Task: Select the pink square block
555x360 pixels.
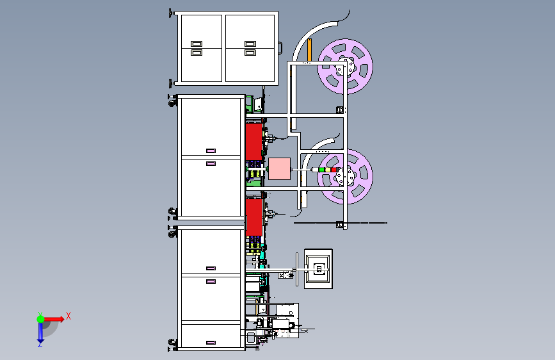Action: [x=279, y=168]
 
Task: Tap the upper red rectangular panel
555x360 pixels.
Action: [x=253, y=142]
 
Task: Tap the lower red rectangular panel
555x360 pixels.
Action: [x=253, y=217]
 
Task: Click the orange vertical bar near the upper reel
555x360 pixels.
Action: [x=309, y=50]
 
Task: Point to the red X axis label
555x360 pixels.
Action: [x=68, y=316]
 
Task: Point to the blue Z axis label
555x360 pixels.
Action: [x=40, y=344]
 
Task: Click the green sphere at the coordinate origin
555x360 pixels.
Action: [x=41, y=319]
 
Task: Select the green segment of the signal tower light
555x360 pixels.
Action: [x=322, y=170]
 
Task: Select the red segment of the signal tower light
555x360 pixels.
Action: [x=334, y=170]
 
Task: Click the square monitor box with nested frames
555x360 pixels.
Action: [x=318, y=268]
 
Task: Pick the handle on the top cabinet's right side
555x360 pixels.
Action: [x=280, y=48]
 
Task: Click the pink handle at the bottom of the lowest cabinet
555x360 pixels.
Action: [x=211, y=343]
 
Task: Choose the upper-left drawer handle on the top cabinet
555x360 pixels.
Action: [x=197, y=44]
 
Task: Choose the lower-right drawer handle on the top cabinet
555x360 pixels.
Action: [x=250, y=53]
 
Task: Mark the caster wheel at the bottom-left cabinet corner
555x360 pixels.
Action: [x=173, y=342]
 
